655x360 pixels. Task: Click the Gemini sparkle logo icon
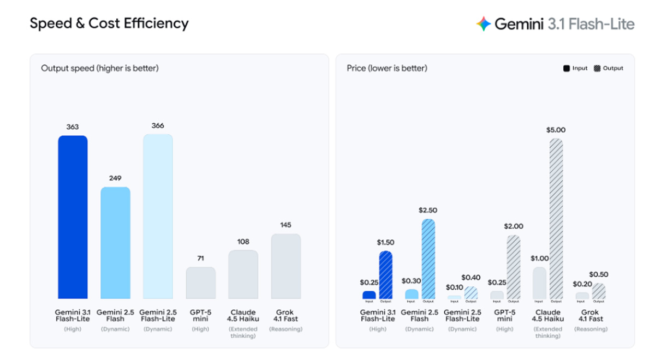pos(484,24)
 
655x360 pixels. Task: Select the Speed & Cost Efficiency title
pos(109,23)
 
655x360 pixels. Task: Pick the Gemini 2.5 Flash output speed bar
pos(115,243)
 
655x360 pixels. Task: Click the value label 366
pos(158,125)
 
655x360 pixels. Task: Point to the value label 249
pos(115,178)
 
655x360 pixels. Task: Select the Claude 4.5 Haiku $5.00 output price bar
pos(556,218)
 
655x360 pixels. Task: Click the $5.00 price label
pos(556,130)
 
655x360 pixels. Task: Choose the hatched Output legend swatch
pos(597,69)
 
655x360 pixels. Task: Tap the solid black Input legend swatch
pos(567,69)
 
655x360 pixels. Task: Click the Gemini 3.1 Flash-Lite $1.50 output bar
pos(385,275)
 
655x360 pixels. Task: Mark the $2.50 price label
pos(428,210)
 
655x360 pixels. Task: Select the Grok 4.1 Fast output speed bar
pos(286,266)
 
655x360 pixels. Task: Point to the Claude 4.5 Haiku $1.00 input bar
pos(539,283)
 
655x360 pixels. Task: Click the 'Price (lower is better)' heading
pos(387,69)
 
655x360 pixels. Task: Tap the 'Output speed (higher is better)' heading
pos(100,69)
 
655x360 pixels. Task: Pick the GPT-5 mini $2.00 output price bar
pos(514,267)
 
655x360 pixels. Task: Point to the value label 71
pos(201,258)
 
